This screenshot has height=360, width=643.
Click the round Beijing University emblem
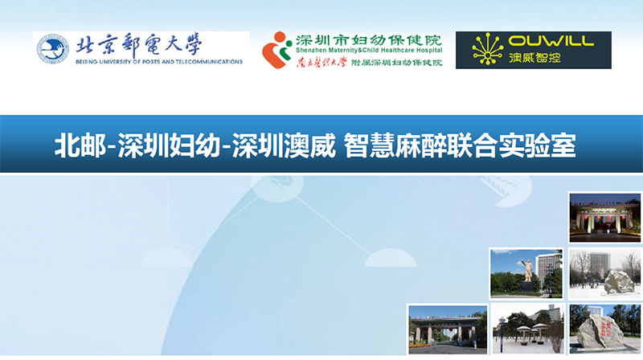[53, 49]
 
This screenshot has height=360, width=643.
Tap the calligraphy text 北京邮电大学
[139, 44]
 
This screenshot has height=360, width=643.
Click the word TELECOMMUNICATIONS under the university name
[209, 62]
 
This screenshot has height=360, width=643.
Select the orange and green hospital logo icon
[276, 50]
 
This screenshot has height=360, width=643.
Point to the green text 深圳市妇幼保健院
[369, 40]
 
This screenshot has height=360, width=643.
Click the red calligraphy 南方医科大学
[322, 63]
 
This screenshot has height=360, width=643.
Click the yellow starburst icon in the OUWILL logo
[488, 50]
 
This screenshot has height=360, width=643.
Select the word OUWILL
[551, 41]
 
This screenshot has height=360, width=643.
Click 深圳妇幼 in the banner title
[170, 145]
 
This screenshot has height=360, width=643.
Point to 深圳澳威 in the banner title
[285, 145]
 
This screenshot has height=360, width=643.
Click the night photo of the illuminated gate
[605, 217]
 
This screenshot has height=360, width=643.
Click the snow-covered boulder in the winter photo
[619, 282]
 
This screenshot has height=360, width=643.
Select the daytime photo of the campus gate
[448, 329]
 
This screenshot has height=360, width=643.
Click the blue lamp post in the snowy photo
[501, 334]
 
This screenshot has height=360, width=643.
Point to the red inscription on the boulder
[604, 329]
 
